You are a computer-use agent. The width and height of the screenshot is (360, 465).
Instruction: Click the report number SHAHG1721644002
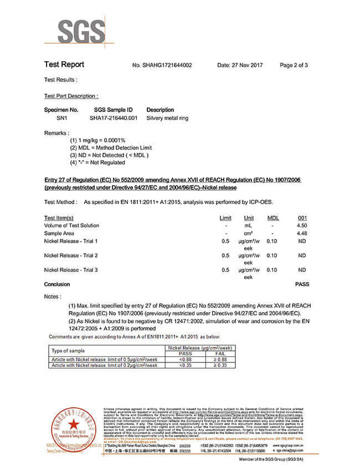click(x=162, y=65)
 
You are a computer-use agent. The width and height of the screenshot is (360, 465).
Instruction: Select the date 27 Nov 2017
click(x=240, y=65)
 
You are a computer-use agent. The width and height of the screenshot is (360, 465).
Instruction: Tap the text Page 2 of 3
click(x=294, y=65)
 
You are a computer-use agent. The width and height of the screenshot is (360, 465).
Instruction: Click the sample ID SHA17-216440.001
click(x=113, y=118)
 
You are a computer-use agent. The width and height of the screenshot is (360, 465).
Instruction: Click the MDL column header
click(x=273, y=218)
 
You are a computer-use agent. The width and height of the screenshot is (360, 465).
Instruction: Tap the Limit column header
click(x=225, y=218)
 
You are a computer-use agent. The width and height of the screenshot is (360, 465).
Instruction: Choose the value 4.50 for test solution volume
click(x=302, y=226)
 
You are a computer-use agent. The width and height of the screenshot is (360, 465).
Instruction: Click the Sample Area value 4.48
click(x=302, y=233)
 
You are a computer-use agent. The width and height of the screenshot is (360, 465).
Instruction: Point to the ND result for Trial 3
click(x=302, y=270)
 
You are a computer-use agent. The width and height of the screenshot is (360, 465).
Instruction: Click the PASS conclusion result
click(x=301, y=284)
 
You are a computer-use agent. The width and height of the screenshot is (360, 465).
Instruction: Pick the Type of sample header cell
click(x=69, y=351)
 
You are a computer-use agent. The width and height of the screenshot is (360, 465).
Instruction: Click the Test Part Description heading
click(x=71, y=96)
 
